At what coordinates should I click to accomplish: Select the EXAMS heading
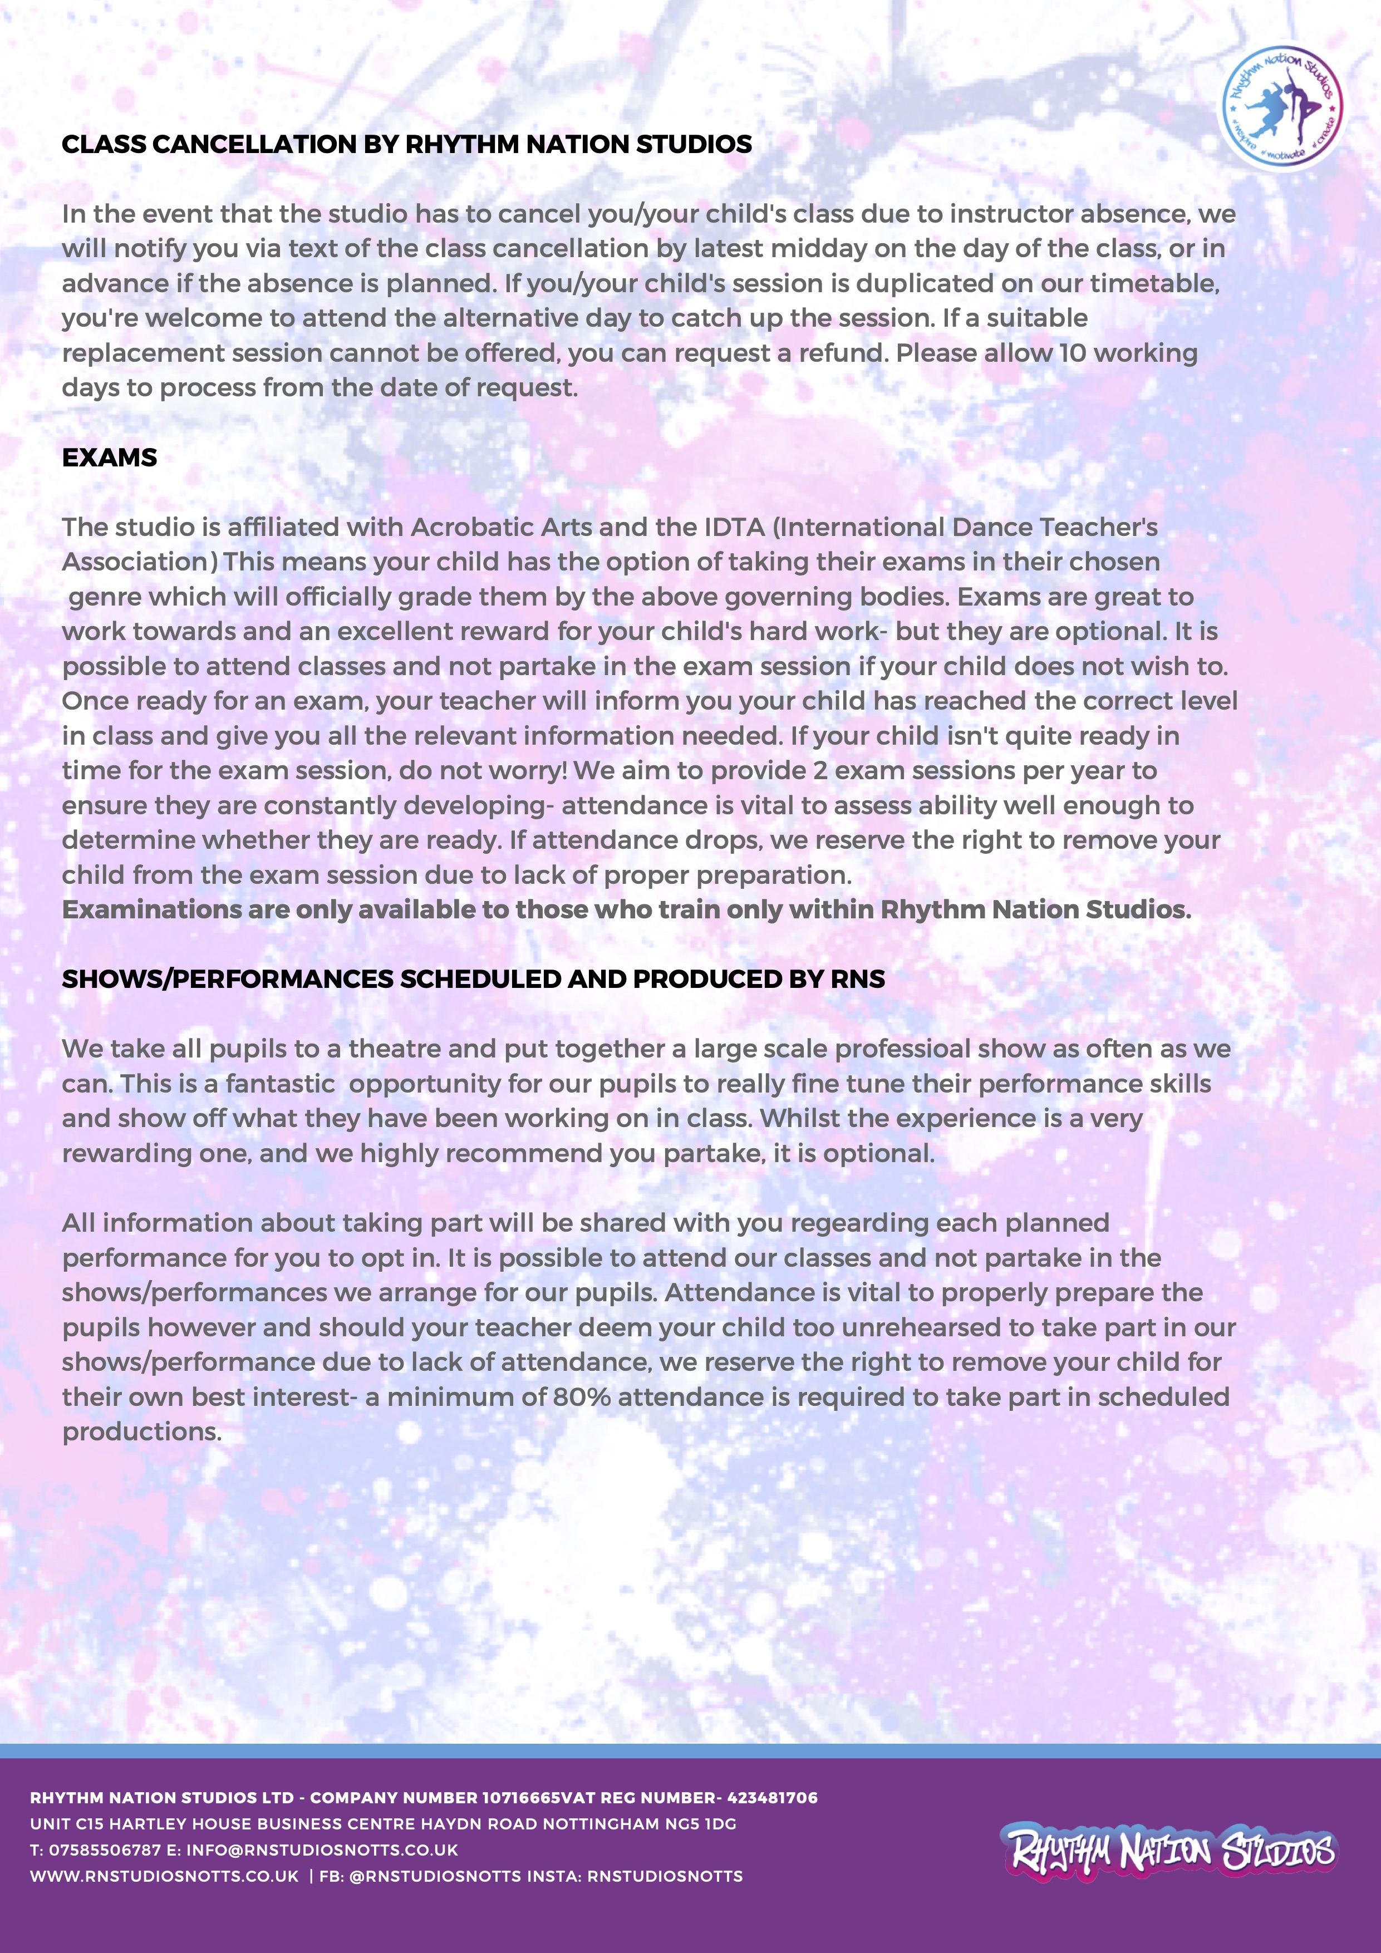(110, 457)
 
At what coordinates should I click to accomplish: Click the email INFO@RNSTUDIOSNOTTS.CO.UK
(322, 1850)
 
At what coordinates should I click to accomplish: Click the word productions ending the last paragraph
(141, 1431)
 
